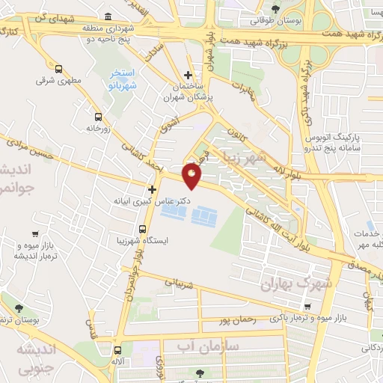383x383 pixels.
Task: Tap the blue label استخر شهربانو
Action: pos(122,78)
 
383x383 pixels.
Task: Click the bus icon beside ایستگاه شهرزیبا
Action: pos(141,229)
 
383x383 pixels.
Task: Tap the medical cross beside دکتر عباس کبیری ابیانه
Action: pos(152,189)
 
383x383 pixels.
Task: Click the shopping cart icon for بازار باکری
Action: pos(308,307)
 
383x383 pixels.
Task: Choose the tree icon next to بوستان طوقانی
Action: pos(276,9)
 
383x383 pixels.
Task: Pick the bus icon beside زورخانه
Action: pos(98,117)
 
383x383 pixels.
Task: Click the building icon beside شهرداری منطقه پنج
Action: pos(109,16)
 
